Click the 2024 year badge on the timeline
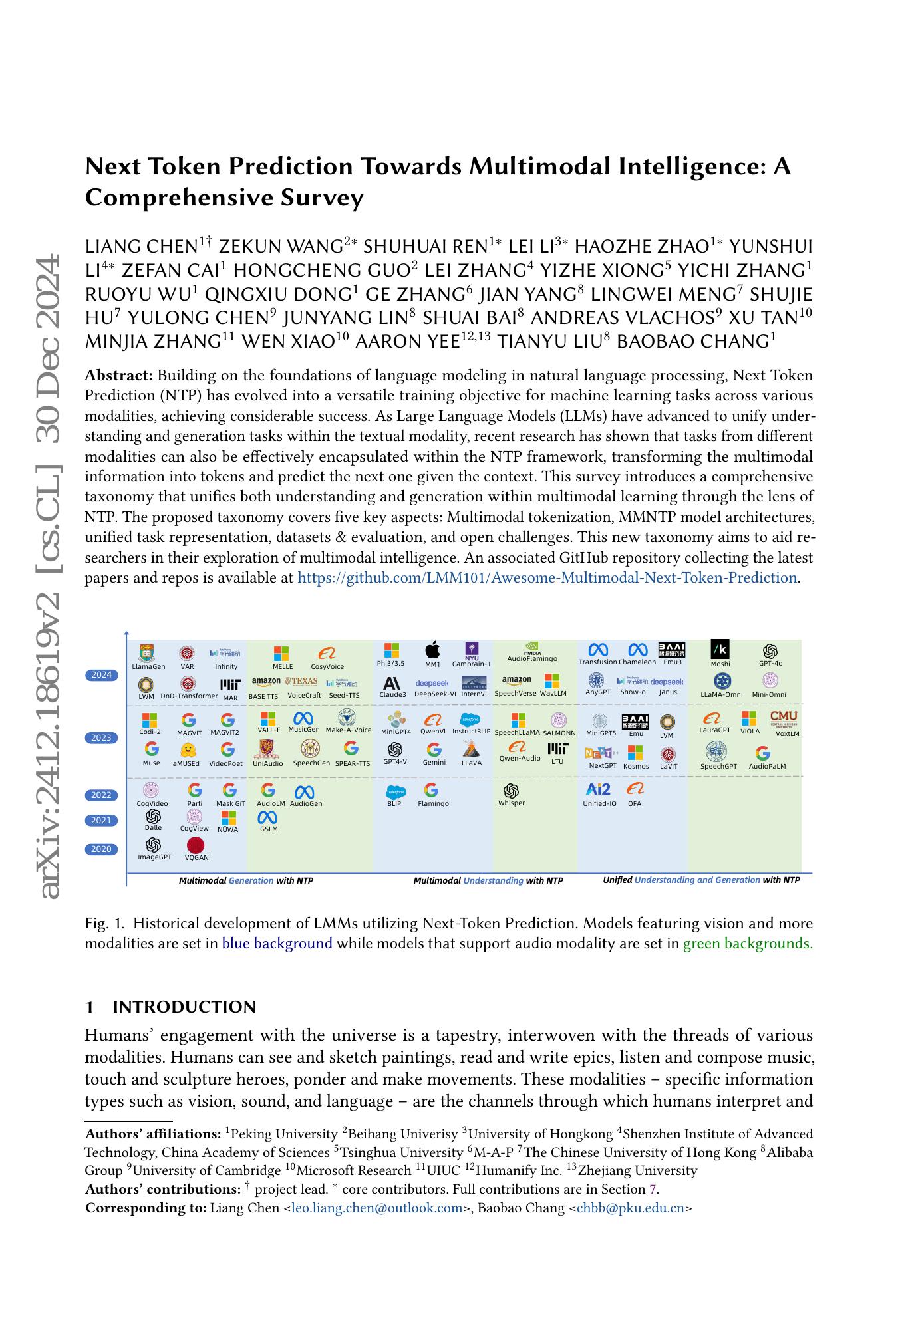(101, 675)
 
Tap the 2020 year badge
(101, 849)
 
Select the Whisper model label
(512, 803)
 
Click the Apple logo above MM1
(432, 650)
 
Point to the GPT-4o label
(770, 664)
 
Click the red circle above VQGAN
(196, 845)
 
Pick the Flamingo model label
(433, 804)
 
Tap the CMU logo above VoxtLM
(784, 718)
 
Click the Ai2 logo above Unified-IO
(599, 789)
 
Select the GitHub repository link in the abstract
(547, 578)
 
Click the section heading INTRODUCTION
(184, 1007)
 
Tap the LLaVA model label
(472, 763)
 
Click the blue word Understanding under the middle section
(493, 880)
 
